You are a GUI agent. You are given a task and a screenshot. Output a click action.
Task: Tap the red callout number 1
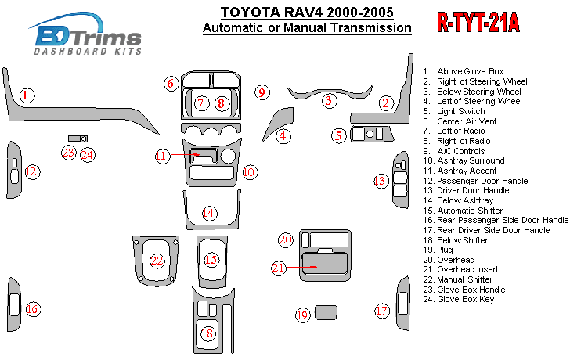pyautogui.click(x=27, y=95)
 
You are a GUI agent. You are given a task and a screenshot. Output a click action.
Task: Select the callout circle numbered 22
pyautogui.click(x=157, y=261)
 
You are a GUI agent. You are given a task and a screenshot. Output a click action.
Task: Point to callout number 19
pyautogui.click(x=303, y=315)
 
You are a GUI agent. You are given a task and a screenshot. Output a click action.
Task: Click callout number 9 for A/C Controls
pyautogui.click(x=262, y=92)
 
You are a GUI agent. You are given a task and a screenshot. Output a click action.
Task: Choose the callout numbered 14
pyautogui.click(x=208, y=212)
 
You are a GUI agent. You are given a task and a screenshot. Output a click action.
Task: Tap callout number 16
pyautogui.click(x=32, y=309)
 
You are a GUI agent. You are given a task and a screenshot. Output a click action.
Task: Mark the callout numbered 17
pyautogui.click(x=381, y=311)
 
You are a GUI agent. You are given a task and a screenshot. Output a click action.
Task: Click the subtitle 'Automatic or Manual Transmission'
pyautogui.click(x=306, y=27)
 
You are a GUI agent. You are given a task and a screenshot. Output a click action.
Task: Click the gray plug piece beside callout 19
pyautogui.click(x=326, y=313)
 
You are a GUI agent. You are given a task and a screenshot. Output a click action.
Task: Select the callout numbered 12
pyautogui.click(x=31, y=171)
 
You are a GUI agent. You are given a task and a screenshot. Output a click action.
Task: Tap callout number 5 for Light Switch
pyautogui.click(x=338, y=135)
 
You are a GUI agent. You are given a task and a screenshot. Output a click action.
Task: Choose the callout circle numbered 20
pyautogui.click(x=286, y=239)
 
